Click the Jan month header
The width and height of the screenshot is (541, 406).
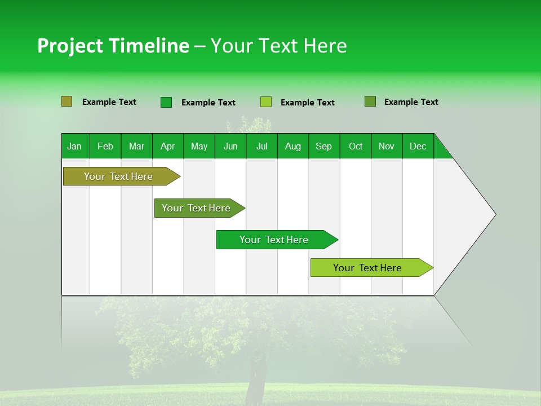tap(74, 146)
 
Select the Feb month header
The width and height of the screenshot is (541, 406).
tap(105, 146)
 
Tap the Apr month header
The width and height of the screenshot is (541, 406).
tap(167, 146)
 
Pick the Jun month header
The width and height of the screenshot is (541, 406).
tap(230, 146)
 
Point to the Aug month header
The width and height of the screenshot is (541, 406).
tap(293, 146)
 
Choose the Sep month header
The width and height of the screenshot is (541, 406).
tap(323, 146)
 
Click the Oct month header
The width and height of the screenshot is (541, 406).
tap(356, 146)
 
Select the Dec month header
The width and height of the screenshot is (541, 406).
tap(418, 146)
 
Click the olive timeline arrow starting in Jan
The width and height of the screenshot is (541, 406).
tap(118, 176)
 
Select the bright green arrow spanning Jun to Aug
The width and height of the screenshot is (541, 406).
tap(274, 240)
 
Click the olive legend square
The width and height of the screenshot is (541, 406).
tap(66, 101)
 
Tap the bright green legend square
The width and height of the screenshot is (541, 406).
tap(166, 102)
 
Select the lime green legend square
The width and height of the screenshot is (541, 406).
tap(266, 102)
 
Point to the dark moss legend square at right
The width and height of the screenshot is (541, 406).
tap(370, 101)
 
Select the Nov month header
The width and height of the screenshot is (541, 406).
tap(387, 146)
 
